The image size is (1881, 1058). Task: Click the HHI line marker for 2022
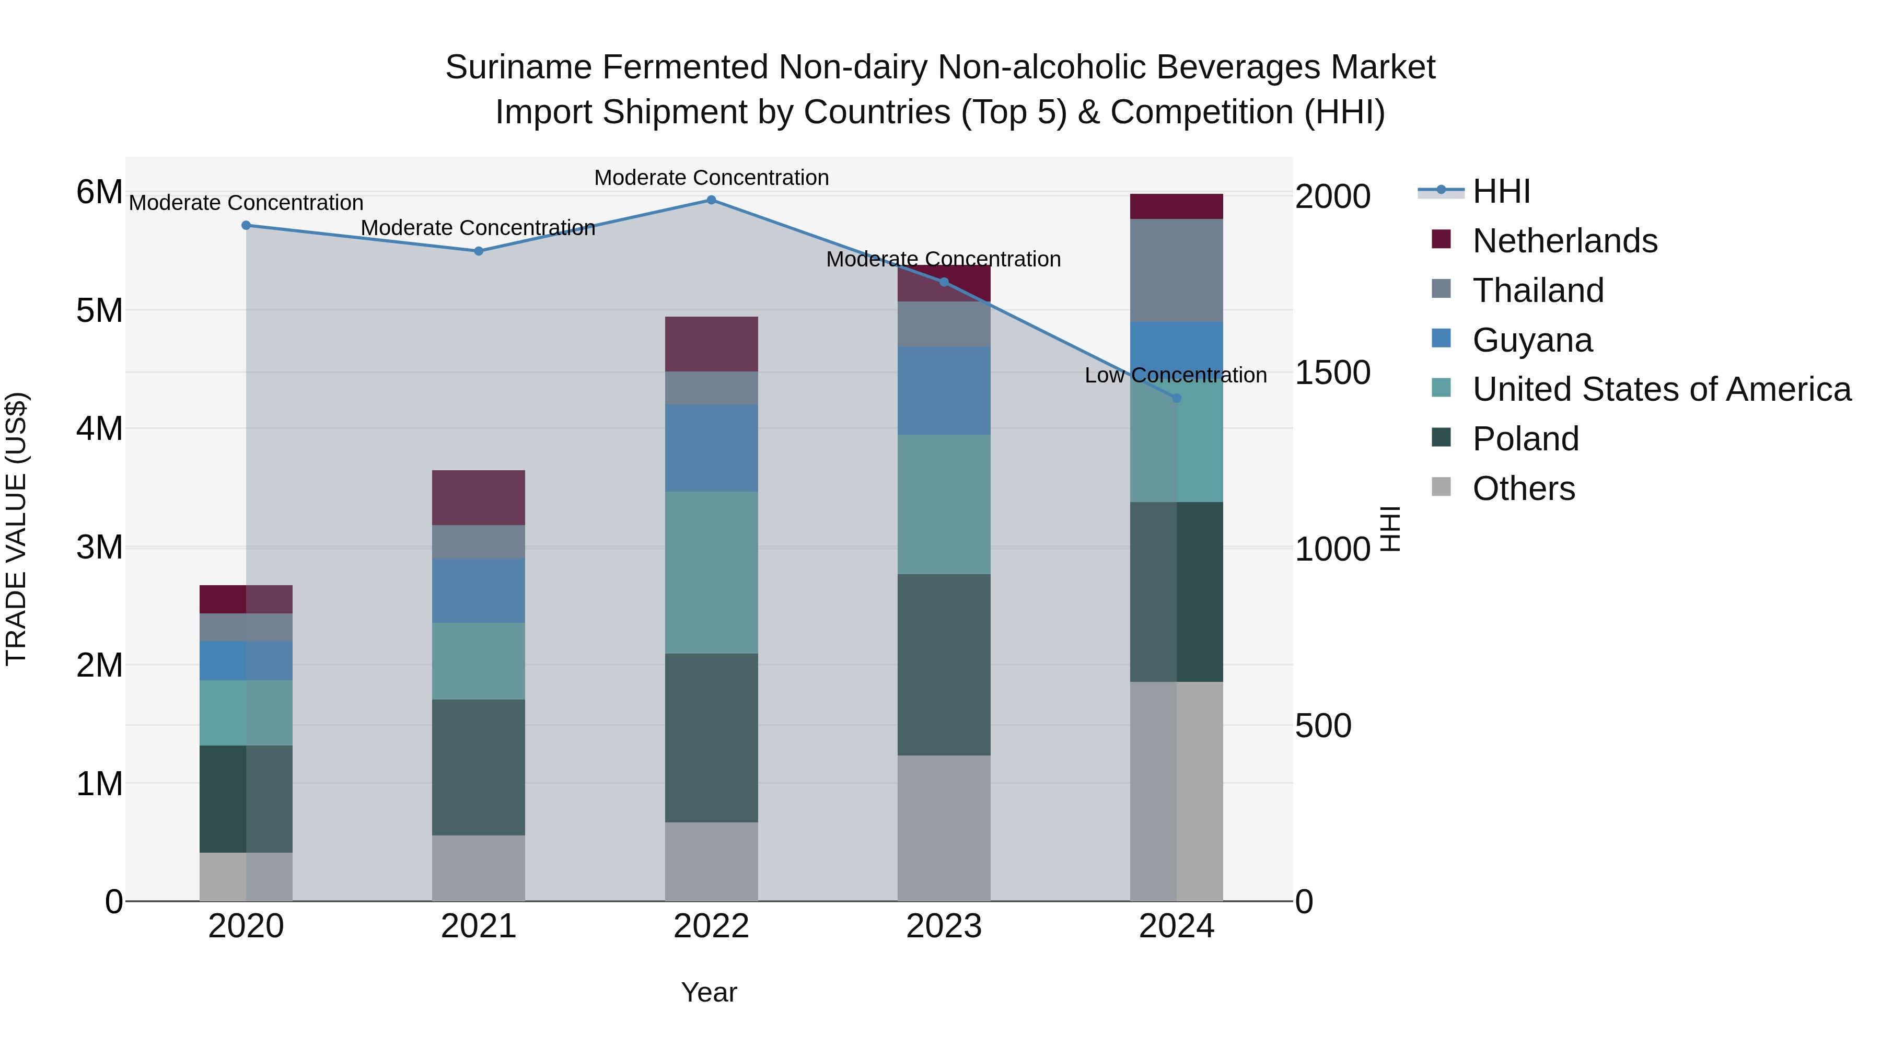tap(711, 200)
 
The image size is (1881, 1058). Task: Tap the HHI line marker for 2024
tap(1176, 398)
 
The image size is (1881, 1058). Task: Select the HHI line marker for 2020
tap(246, 226)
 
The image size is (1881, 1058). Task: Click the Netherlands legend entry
tap(1564, 241)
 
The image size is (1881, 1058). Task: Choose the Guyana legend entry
tap(1532, 340)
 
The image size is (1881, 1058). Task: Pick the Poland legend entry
tap(1525, 439)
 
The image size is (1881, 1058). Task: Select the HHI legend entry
tap(1501, 191)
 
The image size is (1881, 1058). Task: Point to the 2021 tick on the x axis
tap(478, 926)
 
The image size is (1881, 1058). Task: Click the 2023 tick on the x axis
tap(944, 926)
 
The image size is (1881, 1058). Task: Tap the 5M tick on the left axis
tap(99, 311)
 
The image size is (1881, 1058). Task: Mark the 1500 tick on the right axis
tap(1332, 373)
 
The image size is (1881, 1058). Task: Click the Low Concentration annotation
tap(1176, 375)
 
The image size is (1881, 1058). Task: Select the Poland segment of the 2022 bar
tap(711, 737)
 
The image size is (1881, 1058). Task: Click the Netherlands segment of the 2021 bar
tap(478, 497)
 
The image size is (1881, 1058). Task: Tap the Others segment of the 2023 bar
tap(944, 828)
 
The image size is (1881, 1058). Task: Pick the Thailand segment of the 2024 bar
tap(1176, 270)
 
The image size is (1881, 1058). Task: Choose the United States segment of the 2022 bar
tap(711, 573)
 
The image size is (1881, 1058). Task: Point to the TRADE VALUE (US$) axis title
tap(16, 529)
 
